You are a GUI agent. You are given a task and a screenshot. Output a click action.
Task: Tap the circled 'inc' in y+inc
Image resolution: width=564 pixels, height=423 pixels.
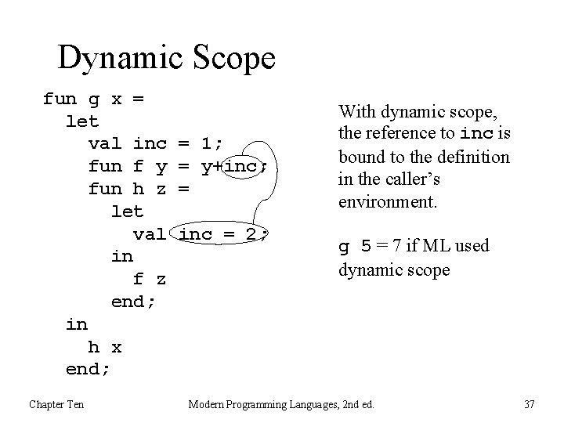pos(245,167)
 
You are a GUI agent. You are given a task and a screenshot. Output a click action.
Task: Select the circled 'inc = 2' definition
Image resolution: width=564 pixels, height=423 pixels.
pos(224,234)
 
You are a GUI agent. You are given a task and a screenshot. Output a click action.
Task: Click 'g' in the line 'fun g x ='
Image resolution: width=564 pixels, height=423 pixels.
pos(93,99)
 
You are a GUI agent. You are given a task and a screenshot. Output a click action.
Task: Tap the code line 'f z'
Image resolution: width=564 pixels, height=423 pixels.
pos(150,280)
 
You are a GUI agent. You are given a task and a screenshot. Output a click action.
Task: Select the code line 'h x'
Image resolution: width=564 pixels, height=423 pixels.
pos(104,347)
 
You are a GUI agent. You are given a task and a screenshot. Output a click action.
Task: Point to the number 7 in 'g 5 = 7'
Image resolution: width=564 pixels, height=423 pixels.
pos(398,247)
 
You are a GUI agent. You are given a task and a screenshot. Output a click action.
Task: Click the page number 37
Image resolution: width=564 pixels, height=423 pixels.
pos(529,404)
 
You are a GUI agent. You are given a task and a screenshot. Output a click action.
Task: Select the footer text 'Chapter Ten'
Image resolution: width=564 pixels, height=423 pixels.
pos(56,404)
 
